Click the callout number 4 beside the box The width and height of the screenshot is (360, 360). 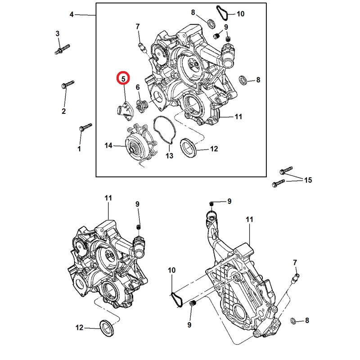click(x=72, y=15)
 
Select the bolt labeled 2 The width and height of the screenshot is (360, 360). click(x=67, y=85)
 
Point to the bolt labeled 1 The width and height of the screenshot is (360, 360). click(x=85, y=126)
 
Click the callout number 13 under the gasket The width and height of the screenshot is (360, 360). click(x=169, y=156)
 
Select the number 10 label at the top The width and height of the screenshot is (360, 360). click(x=240, y=14)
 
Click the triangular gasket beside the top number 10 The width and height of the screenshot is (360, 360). click(x=222, y=12)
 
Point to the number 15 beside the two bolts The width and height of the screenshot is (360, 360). click(x=307, y=180)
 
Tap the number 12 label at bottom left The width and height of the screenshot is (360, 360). click(x=80, y=328)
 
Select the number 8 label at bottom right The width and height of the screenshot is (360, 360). click(x=307, y=321)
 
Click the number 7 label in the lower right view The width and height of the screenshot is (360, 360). click(x=295, y=262)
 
